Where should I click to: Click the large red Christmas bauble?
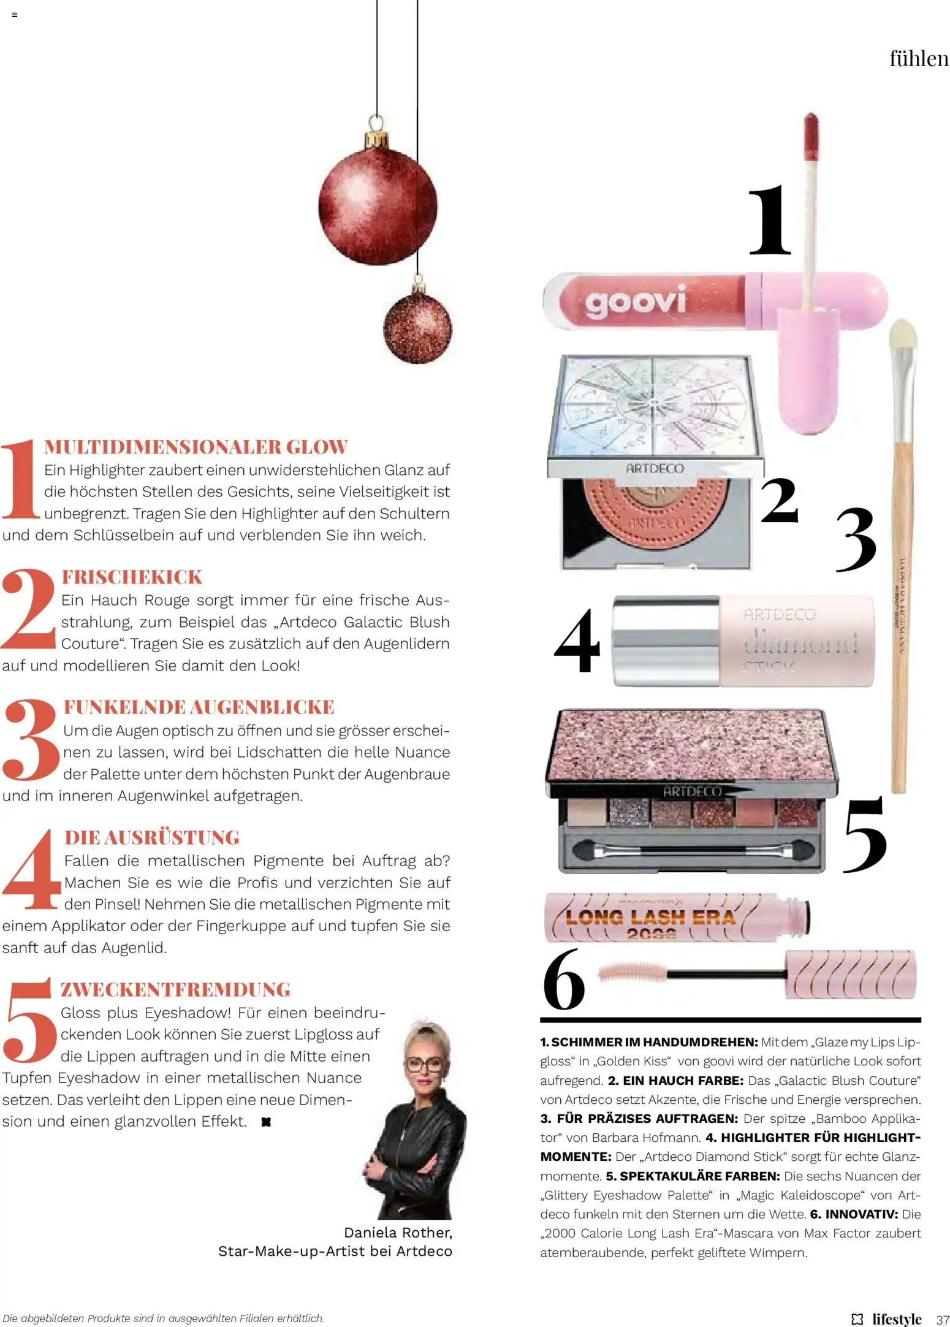pos(377,205)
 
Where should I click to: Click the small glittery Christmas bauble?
pos(417,327)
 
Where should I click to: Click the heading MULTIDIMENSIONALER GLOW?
pos(196,447)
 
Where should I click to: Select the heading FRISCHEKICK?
pos(132,577)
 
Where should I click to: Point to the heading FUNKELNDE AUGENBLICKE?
pos(199,707)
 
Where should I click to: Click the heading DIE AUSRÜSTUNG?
pos(152,837)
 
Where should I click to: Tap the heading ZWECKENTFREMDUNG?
pos(175,989)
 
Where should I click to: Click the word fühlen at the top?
pos(918,59)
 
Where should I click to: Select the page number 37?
pos(942,1318)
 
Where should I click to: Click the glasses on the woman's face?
pos(424,1064)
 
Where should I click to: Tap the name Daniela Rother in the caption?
pos(398,1232)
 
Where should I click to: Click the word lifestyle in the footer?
pos(896,1318)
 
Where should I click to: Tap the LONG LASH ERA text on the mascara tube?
pos(650,917)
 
